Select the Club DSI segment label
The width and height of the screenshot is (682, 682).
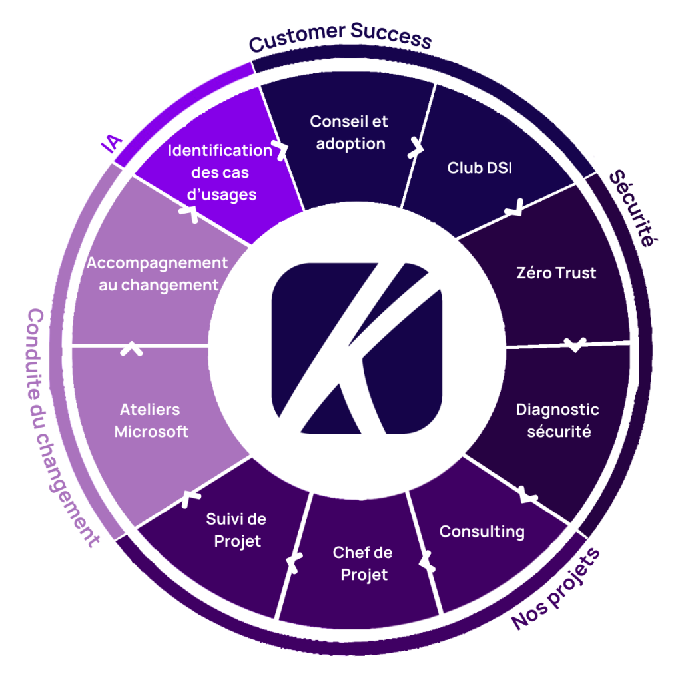480,168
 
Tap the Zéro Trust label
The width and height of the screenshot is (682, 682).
556,272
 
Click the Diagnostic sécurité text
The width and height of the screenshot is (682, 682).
558,420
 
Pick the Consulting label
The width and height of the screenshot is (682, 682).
482,531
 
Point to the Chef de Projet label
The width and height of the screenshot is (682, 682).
363,563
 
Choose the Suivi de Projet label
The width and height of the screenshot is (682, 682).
236,530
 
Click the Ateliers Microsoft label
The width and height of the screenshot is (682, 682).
151,420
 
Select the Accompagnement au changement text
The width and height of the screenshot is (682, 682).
157,274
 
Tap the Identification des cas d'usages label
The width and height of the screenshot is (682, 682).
220,172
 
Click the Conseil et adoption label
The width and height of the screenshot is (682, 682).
350,133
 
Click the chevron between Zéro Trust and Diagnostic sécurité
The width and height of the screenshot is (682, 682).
575,344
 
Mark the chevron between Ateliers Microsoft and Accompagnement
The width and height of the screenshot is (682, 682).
131,348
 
